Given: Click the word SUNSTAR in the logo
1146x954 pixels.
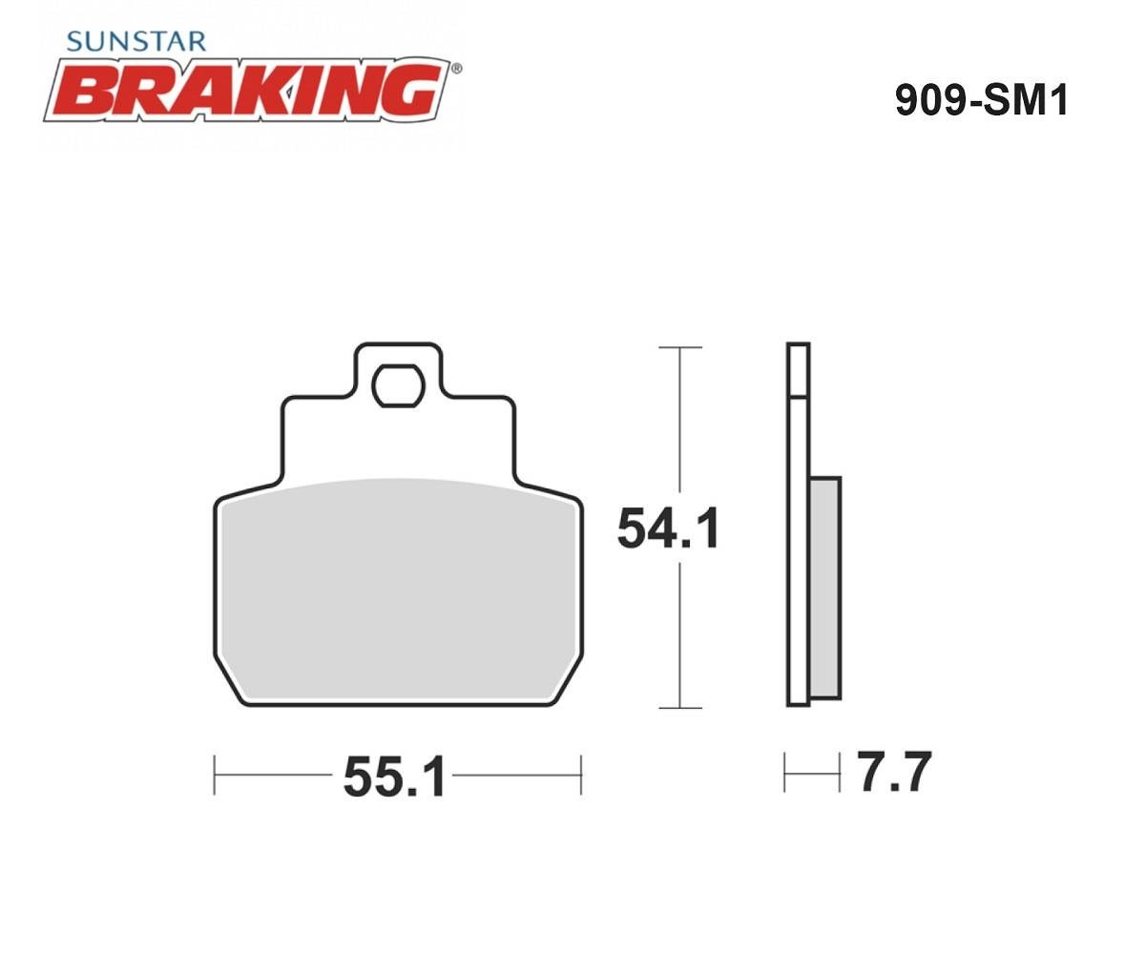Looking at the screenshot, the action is tap(136, 42).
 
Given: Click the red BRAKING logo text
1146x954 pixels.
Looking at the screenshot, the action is tap(251, 89).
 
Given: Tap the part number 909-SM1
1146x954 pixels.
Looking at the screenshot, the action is tap(981, 100).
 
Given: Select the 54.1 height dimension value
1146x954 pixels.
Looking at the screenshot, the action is tap(668, 529).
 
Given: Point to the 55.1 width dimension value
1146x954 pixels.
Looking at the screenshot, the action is tap(395, 777).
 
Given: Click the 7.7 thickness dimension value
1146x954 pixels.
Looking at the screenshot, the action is tap(896, 771).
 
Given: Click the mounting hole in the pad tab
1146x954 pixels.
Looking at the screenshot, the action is tap(399, 385).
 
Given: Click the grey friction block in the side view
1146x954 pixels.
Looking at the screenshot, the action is tap(825, 588).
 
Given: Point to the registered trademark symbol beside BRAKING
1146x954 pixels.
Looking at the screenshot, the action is tap(457, 69).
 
